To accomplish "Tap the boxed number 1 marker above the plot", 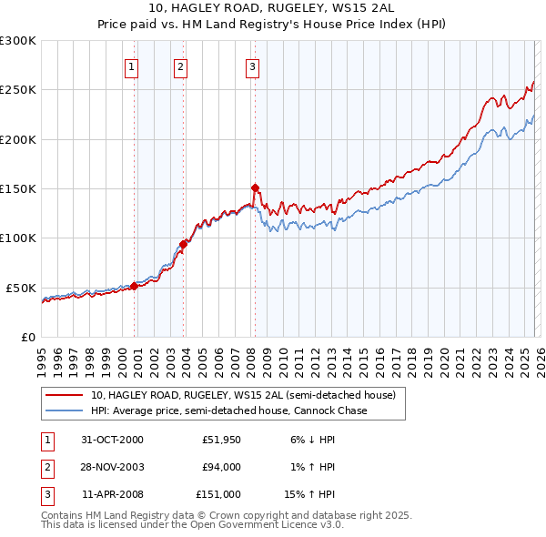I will (x=131, y=66).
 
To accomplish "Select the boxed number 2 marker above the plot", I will (x=180, y=66).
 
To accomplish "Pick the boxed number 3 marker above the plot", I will (x=251, y=66).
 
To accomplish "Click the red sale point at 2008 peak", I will (x=255, y=188).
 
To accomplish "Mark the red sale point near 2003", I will (x=184, y=244).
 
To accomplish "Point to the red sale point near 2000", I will (x=135, y=286).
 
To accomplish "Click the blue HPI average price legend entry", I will (x=228, y=411).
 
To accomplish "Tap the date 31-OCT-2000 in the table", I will (x=113, y=440).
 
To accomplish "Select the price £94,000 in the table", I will (x=220, y=467).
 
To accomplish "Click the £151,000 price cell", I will (x=218, y=494).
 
